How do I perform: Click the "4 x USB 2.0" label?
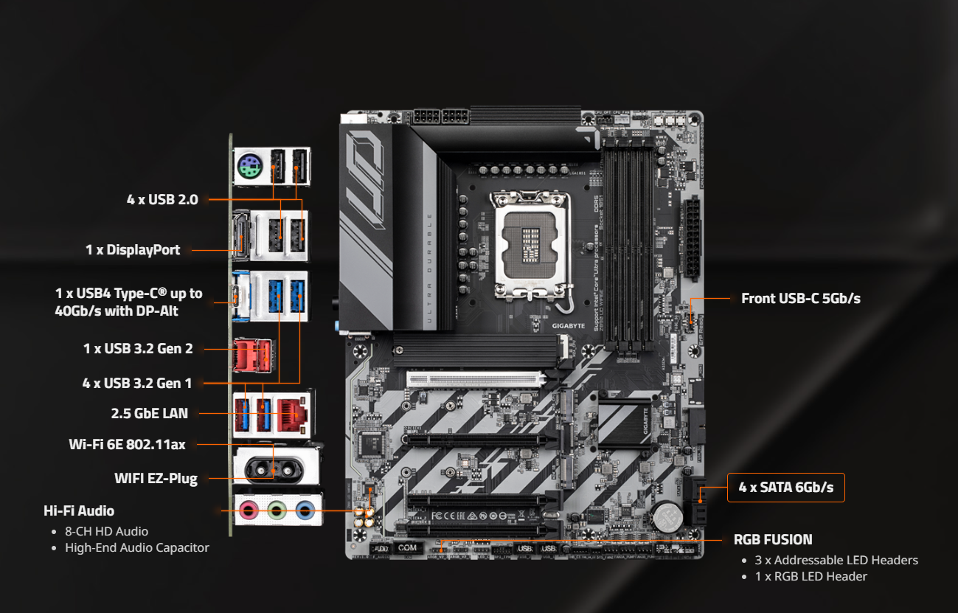click(x=162, y=198)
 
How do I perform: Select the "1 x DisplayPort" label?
click(x=133, y=249)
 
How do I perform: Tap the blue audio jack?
click(x=303, y=509)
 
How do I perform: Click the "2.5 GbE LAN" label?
click(x=150, y=413)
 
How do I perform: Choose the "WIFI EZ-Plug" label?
click(x=156, y=478)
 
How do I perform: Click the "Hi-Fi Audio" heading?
click(x=79, y=510)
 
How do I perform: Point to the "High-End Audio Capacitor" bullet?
click(x=136, y=547)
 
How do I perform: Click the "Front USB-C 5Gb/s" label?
click(x=801, y=298)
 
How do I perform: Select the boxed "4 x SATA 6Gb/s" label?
click(x=785, y=487)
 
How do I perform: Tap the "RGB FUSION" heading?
click(x=773, y=539)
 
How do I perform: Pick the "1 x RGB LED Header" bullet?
click(x=811, y=576)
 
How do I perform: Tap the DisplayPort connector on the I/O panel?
click(x=241, y=236)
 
